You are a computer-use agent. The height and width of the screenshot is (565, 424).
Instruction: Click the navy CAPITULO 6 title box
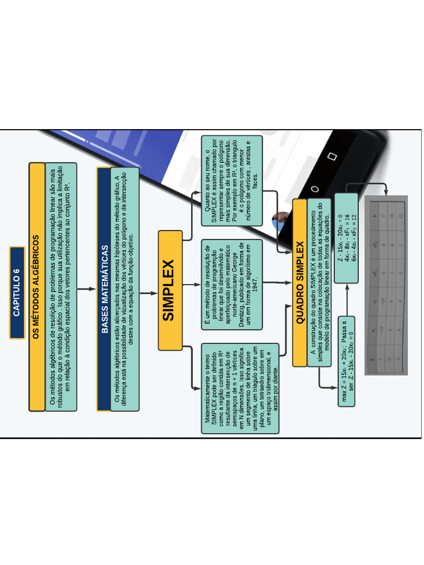17,292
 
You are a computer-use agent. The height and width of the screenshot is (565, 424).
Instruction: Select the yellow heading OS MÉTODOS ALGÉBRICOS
36,287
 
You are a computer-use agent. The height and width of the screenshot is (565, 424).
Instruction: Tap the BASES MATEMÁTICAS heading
104,289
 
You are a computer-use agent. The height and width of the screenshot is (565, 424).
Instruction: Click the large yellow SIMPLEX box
169,290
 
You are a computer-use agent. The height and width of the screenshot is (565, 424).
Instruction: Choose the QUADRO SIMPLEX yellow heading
300,282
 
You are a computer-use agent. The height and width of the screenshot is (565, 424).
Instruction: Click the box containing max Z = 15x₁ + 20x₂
346,361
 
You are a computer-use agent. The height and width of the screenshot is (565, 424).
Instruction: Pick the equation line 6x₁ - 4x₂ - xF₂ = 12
354,229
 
